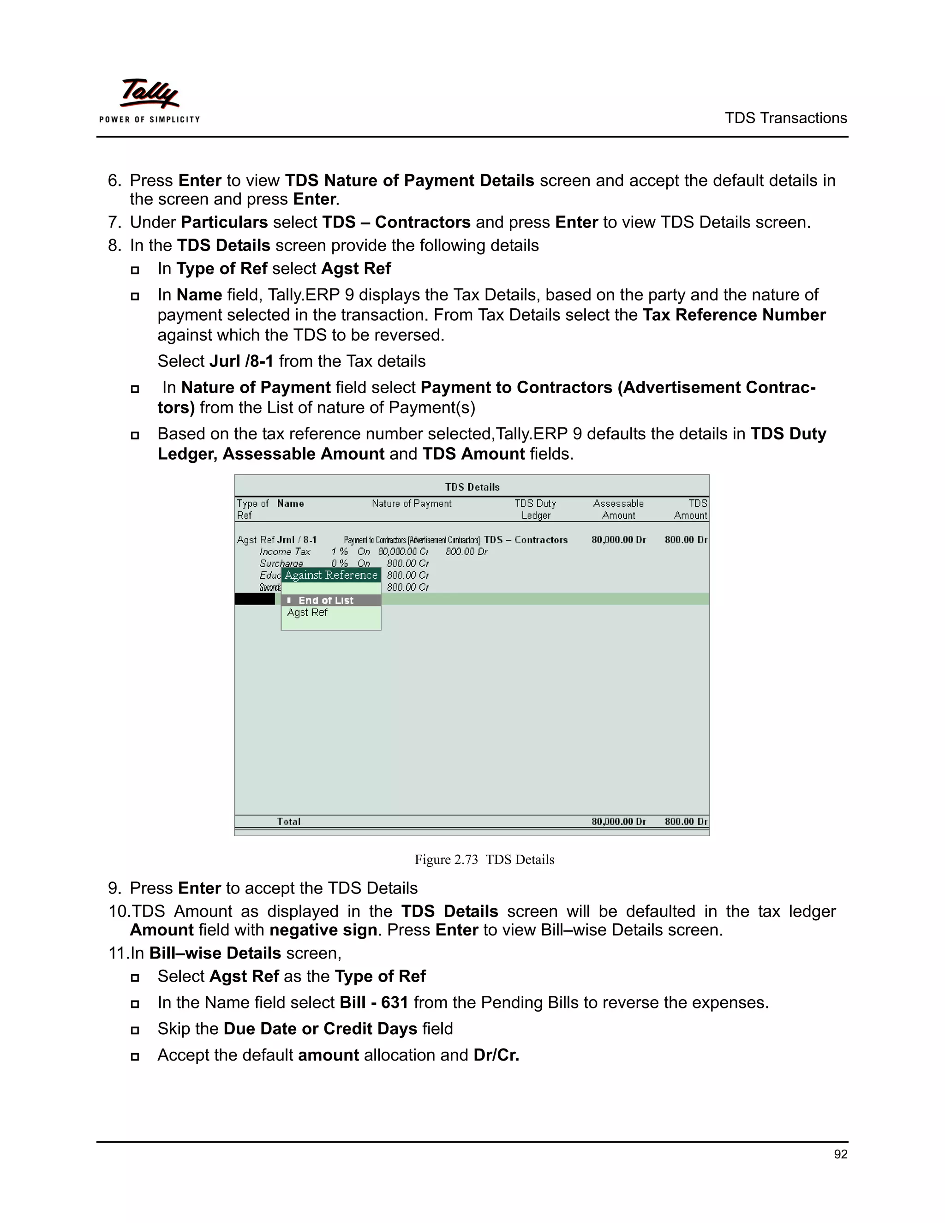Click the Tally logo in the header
point(150,100)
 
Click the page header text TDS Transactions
point(785,118)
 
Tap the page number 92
point(840,1154)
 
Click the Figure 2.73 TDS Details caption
point(484,860)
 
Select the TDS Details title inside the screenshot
point(472,487)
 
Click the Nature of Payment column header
point(412,504)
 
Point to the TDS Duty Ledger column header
point(536,509)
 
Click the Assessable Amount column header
point(619,509)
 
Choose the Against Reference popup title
point(331,575)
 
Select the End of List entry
point(326,600)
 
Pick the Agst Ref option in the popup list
point(307,612)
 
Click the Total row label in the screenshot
point(289,821)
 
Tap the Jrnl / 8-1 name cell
point(297,540)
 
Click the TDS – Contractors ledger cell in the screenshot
point(526,540)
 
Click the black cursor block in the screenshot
point(255,599)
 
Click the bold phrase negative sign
point(323,930)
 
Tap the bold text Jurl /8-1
point(241,361)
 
